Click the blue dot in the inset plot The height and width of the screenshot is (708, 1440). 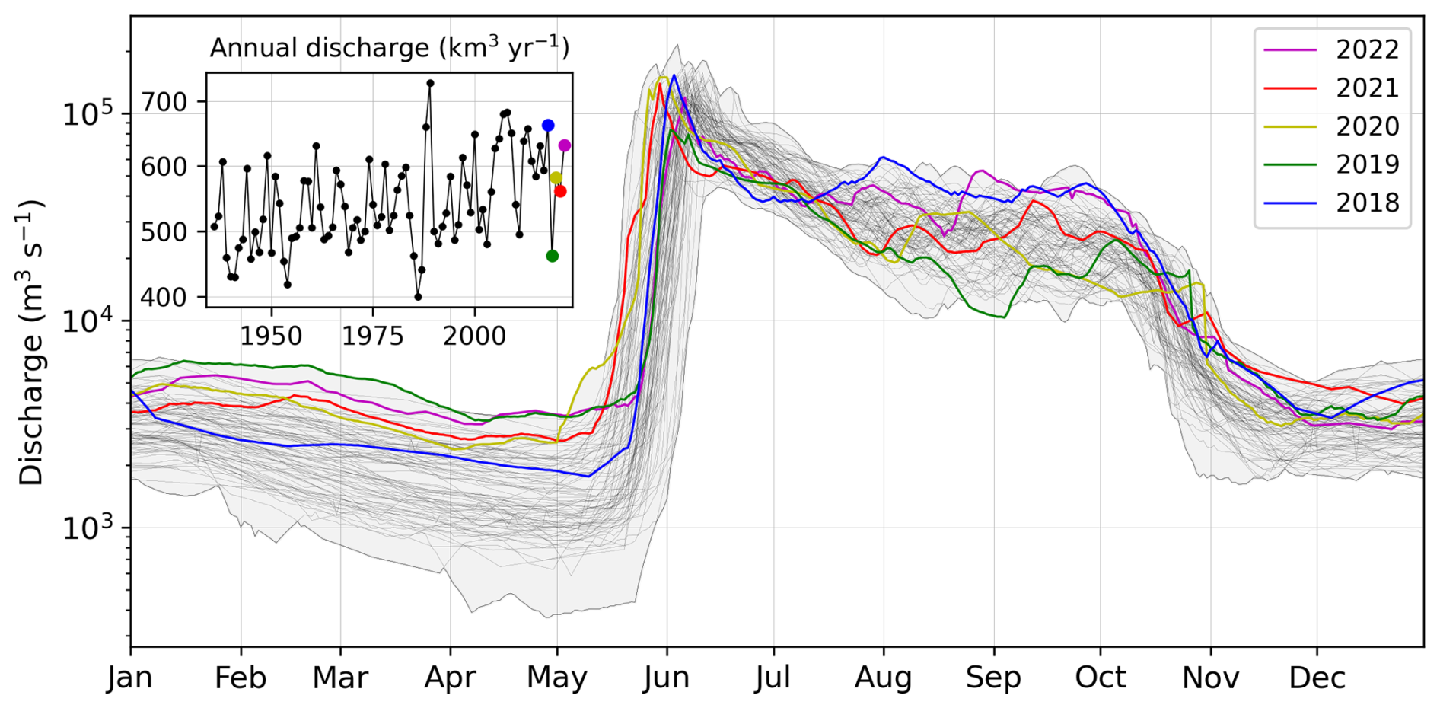tap(548, 126)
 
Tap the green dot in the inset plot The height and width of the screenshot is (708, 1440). tap(553, 256)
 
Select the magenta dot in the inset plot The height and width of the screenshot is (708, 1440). tap(565, 145)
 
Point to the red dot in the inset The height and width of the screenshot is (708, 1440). tap(561, 191)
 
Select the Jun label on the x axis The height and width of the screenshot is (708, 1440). tap(667, 678)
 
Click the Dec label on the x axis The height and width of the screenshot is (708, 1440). tap(1317, 678)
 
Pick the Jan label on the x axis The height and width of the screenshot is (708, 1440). tap(131, 678)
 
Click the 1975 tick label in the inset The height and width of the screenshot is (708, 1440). tap(373, 336)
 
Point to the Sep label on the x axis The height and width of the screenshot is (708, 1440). tap(992, 678)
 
